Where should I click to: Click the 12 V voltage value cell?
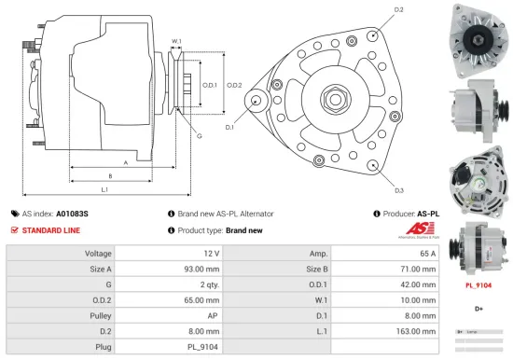point(210,254)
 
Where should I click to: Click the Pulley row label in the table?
point(98,314)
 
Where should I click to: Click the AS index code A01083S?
point(72,214)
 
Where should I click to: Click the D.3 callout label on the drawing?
point(398,190)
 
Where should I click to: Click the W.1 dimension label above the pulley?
point(176,41)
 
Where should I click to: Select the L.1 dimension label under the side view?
point(105,190)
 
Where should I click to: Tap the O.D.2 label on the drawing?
point(234,85)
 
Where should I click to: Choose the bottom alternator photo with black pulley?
point(478,244)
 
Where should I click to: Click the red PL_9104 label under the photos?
point(478,285)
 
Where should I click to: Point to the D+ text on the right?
point(478,308)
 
